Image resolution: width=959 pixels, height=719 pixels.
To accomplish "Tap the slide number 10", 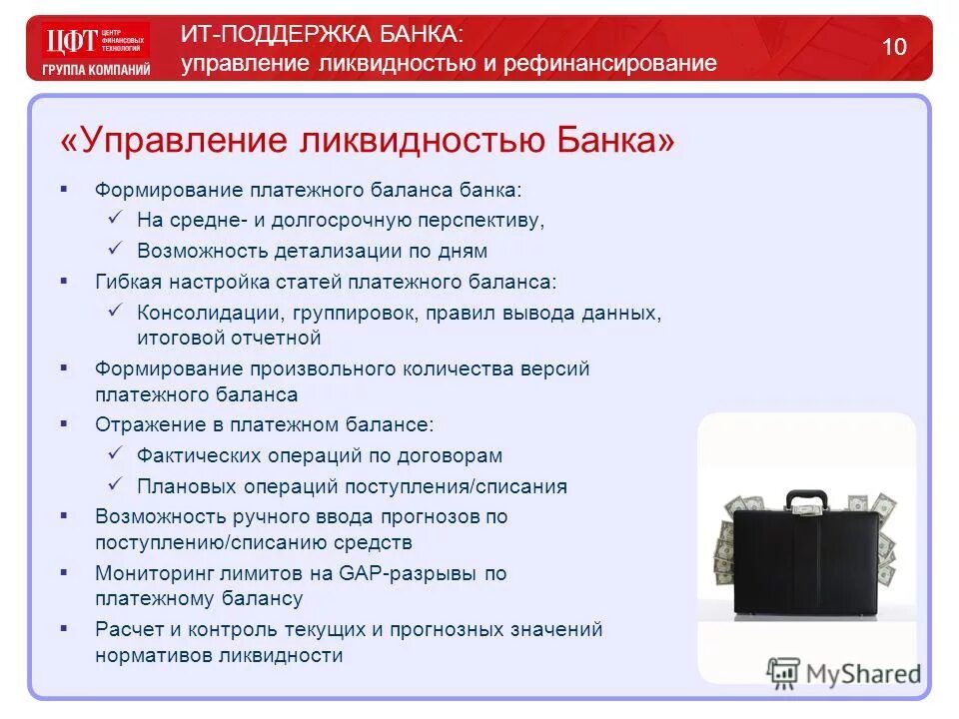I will pos(894,46).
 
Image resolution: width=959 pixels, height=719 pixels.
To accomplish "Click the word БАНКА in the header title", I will pos(410,34).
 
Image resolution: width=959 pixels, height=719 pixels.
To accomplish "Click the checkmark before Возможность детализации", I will pos(115,250).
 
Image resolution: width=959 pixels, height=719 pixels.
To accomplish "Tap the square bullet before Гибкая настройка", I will pos(65,282).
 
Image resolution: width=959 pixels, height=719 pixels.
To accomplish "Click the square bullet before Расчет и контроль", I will pos(65,629).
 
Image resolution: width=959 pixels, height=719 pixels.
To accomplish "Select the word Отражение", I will pos(144,424).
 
